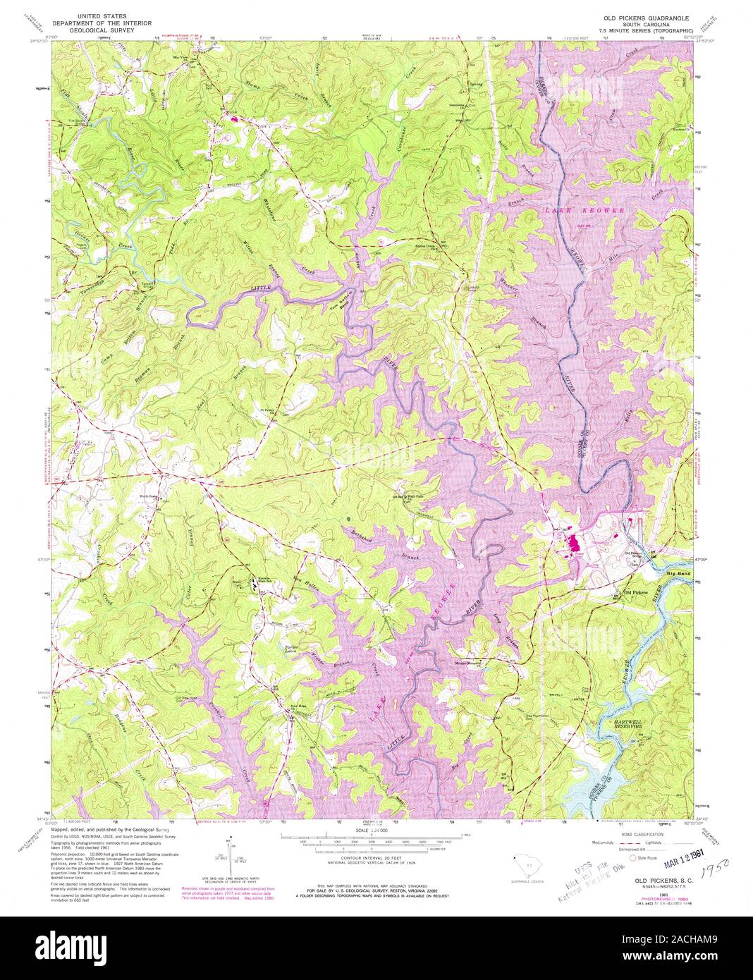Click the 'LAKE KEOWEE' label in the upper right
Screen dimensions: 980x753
pos(582,210)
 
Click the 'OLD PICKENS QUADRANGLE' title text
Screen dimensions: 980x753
pos(645,16)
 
